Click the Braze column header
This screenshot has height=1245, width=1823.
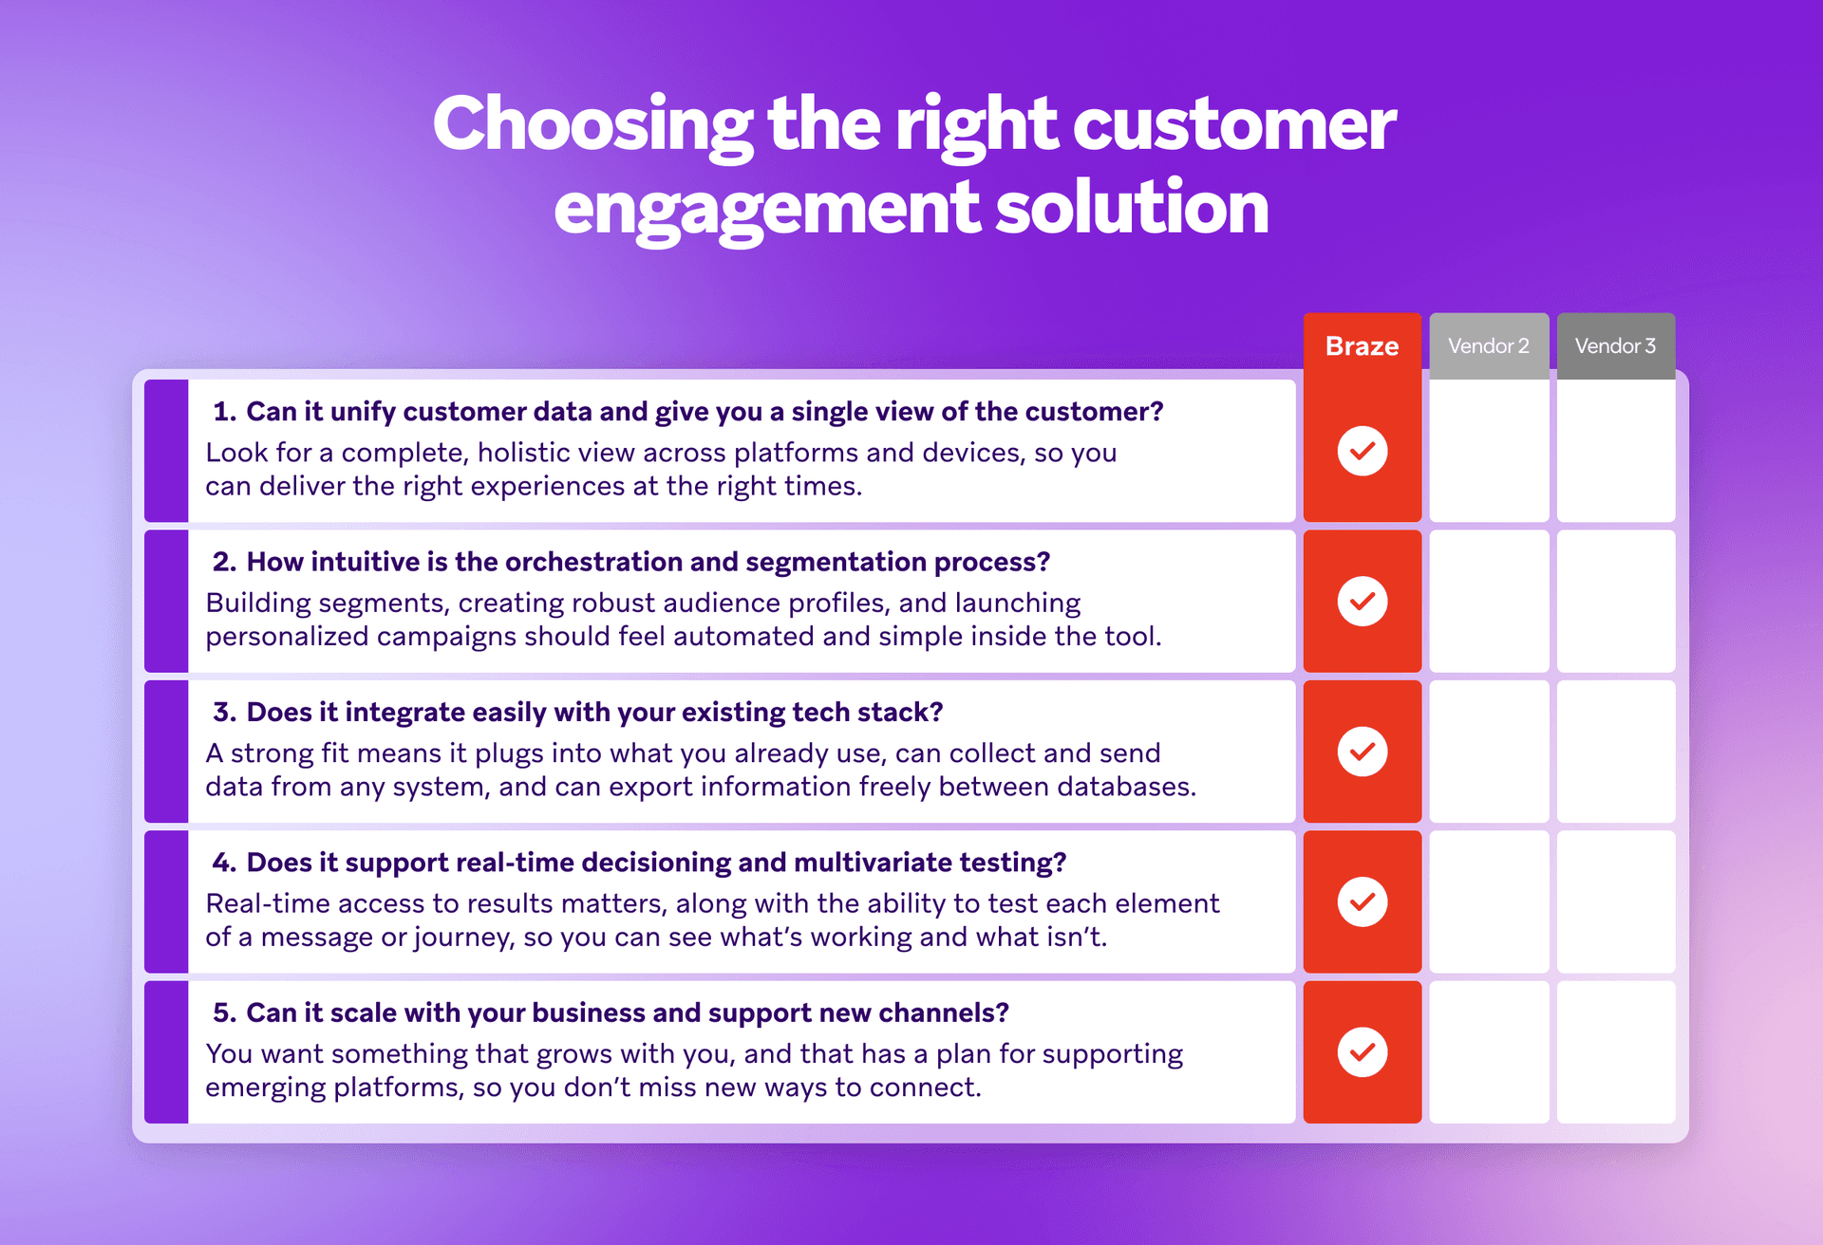click(1362, 346)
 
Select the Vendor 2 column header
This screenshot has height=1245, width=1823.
click(1488, 346)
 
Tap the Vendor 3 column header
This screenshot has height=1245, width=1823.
click(1615, 346)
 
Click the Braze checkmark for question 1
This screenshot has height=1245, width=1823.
click(1363, 451)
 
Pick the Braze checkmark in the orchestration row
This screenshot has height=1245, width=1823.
click(1363, 602)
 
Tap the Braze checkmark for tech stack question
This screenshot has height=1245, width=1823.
click(1363, 752)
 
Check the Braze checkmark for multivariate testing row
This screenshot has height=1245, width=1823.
click(1363, 901)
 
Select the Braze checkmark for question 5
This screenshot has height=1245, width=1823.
click(1363, 1052)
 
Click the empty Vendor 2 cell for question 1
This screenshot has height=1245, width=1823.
click(1489, 451)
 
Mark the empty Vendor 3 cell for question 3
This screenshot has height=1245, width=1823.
click(1616, 752)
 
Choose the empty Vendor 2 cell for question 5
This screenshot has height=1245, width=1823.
click(1489, 1052)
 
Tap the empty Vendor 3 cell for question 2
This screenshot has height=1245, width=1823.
click(1616, 602)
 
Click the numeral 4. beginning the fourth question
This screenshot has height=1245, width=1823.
click(224, 863)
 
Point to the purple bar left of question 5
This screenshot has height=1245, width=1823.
click(166, 1052)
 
